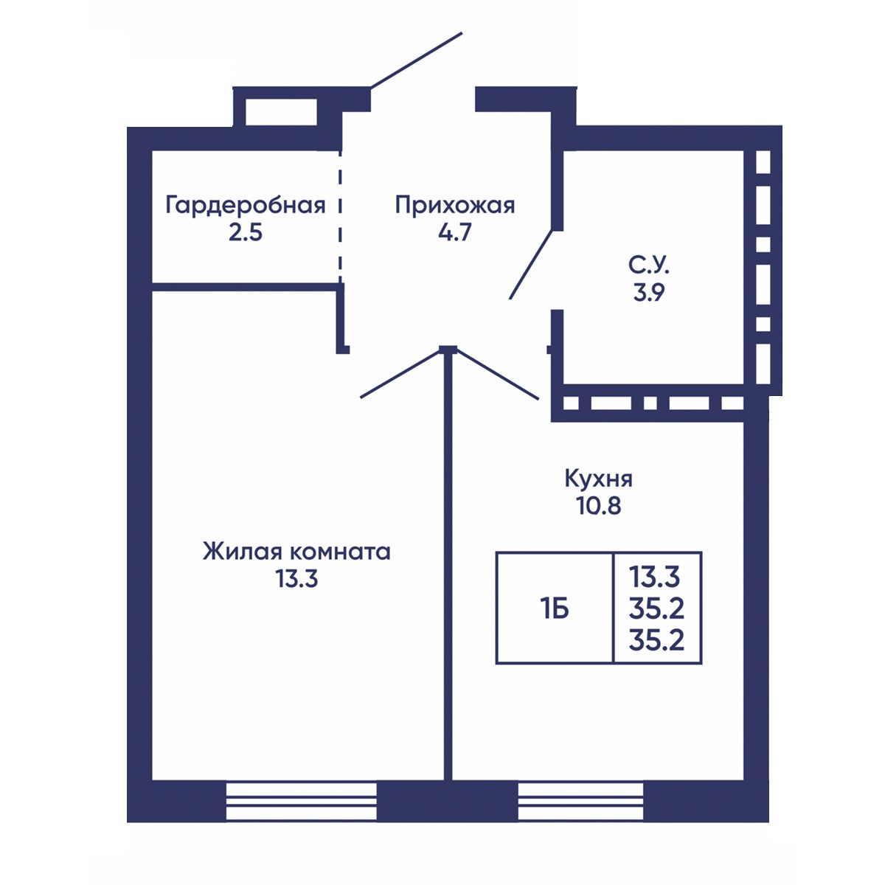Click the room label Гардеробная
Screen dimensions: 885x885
(x=246, y=205)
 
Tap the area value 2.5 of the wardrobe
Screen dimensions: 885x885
(x=246, y=233)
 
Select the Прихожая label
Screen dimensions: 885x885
(x=455, y=206)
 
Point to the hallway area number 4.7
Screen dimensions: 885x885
(x=455, y=233)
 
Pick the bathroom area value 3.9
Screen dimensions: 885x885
(x=648, y=293)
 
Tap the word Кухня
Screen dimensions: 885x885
(x=598, y=479)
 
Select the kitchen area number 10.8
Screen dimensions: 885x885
(x=599, y=506)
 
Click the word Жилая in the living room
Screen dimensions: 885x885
(x=242, y=552)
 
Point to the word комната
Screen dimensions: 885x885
(x=341, y=552)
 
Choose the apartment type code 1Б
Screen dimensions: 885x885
(x=555, y=609)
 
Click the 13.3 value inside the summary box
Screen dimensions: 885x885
(x=654, y=577)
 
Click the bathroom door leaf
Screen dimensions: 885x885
(x=532, y=265)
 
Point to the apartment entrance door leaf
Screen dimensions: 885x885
(x=416, y=60)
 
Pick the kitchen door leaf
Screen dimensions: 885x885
(x=498, y=375)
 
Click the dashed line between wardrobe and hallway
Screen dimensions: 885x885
(x=340, y=216)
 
